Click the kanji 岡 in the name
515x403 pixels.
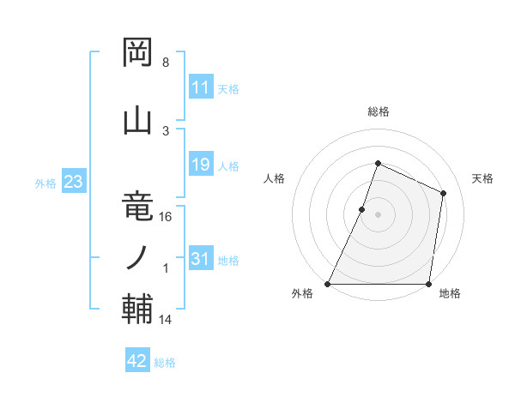(x=137, y=54)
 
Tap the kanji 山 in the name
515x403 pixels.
(x=137, y=121)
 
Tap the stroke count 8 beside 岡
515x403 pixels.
(x=165, y=63)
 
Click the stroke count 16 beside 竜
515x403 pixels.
(x=166, y=217)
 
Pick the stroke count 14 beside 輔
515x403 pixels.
(x=166, y=320)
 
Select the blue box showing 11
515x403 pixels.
(x=200, y=87)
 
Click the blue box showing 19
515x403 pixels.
(x=200, y=165)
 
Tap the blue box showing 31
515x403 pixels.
(x=200, y=259)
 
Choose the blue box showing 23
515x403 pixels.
(x=73, y=182)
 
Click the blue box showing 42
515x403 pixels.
(x=136, y=361)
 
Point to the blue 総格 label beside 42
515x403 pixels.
(x=165, y=363)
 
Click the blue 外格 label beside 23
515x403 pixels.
(x=45, y=183)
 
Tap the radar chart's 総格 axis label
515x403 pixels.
(x=378, y=111)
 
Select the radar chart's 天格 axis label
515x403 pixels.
(x=483, y=178)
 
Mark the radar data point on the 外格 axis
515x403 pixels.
(x=328, y=284)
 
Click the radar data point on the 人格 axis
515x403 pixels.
(x=362, y=209)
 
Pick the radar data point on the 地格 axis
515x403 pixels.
(x=427, y=284)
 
